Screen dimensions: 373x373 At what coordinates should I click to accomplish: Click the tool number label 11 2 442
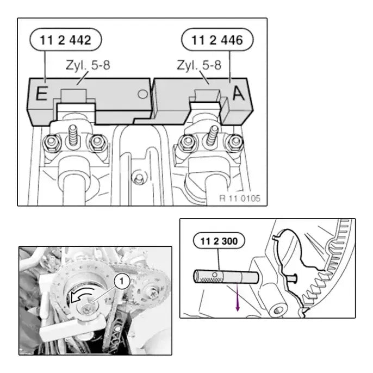pos(66,40)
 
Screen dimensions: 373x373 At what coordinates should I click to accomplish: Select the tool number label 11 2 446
pos(217,40)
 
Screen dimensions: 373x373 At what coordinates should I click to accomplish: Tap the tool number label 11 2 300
pos(219,241)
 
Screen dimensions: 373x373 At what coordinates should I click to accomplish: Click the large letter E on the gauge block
pos(42,94)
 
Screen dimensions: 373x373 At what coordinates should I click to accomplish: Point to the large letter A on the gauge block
pos(238,94)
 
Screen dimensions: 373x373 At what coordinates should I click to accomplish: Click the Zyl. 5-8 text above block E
pos(88,65)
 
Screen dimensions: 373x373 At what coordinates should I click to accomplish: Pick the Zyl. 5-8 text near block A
pos(199,65)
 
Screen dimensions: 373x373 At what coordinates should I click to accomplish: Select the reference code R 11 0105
pos(240,198)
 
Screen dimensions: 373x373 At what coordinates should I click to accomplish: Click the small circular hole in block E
pos(142,94)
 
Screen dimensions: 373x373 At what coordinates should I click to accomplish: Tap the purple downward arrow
pos(238,297)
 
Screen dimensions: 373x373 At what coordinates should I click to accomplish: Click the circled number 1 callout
pos(122,281)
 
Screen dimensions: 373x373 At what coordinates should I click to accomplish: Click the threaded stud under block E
pos(73,135)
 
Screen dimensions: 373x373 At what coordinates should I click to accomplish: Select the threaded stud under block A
pos(212,135)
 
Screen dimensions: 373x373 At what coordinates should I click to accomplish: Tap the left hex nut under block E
pos(51,142)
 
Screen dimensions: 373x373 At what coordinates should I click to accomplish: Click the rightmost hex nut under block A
pos(234,142)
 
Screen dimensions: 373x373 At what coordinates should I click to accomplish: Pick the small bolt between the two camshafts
pos(138,178)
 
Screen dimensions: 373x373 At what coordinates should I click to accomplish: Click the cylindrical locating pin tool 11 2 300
pos(226,277)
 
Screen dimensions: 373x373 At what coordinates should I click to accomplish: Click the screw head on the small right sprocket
pos(152,293)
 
